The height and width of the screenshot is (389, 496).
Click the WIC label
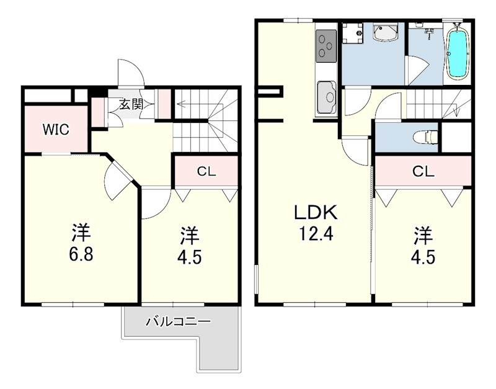pos(56,130)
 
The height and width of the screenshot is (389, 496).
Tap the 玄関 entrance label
pos(131,104)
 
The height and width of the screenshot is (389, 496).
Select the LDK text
pos(316,213)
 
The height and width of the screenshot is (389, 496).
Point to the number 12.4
pos(316,235)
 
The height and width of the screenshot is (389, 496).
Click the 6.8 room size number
pos(81,254)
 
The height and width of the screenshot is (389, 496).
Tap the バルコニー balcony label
pos(178,322)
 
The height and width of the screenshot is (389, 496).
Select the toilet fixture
pos(425,137)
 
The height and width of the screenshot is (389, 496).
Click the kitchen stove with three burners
pos(325,46)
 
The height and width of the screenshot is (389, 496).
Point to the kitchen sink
pos(327,97)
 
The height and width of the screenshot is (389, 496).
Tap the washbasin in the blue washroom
pos(384,32)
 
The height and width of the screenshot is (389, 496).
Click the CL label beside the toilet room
pos(423,172)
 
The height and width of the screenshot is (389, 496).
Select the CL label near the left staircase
pos(206,172)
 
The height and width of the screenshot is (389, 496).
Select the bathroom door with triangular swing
pos(417,71)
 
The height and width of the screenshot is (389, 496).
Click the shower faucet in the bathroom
pos(429,32)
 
